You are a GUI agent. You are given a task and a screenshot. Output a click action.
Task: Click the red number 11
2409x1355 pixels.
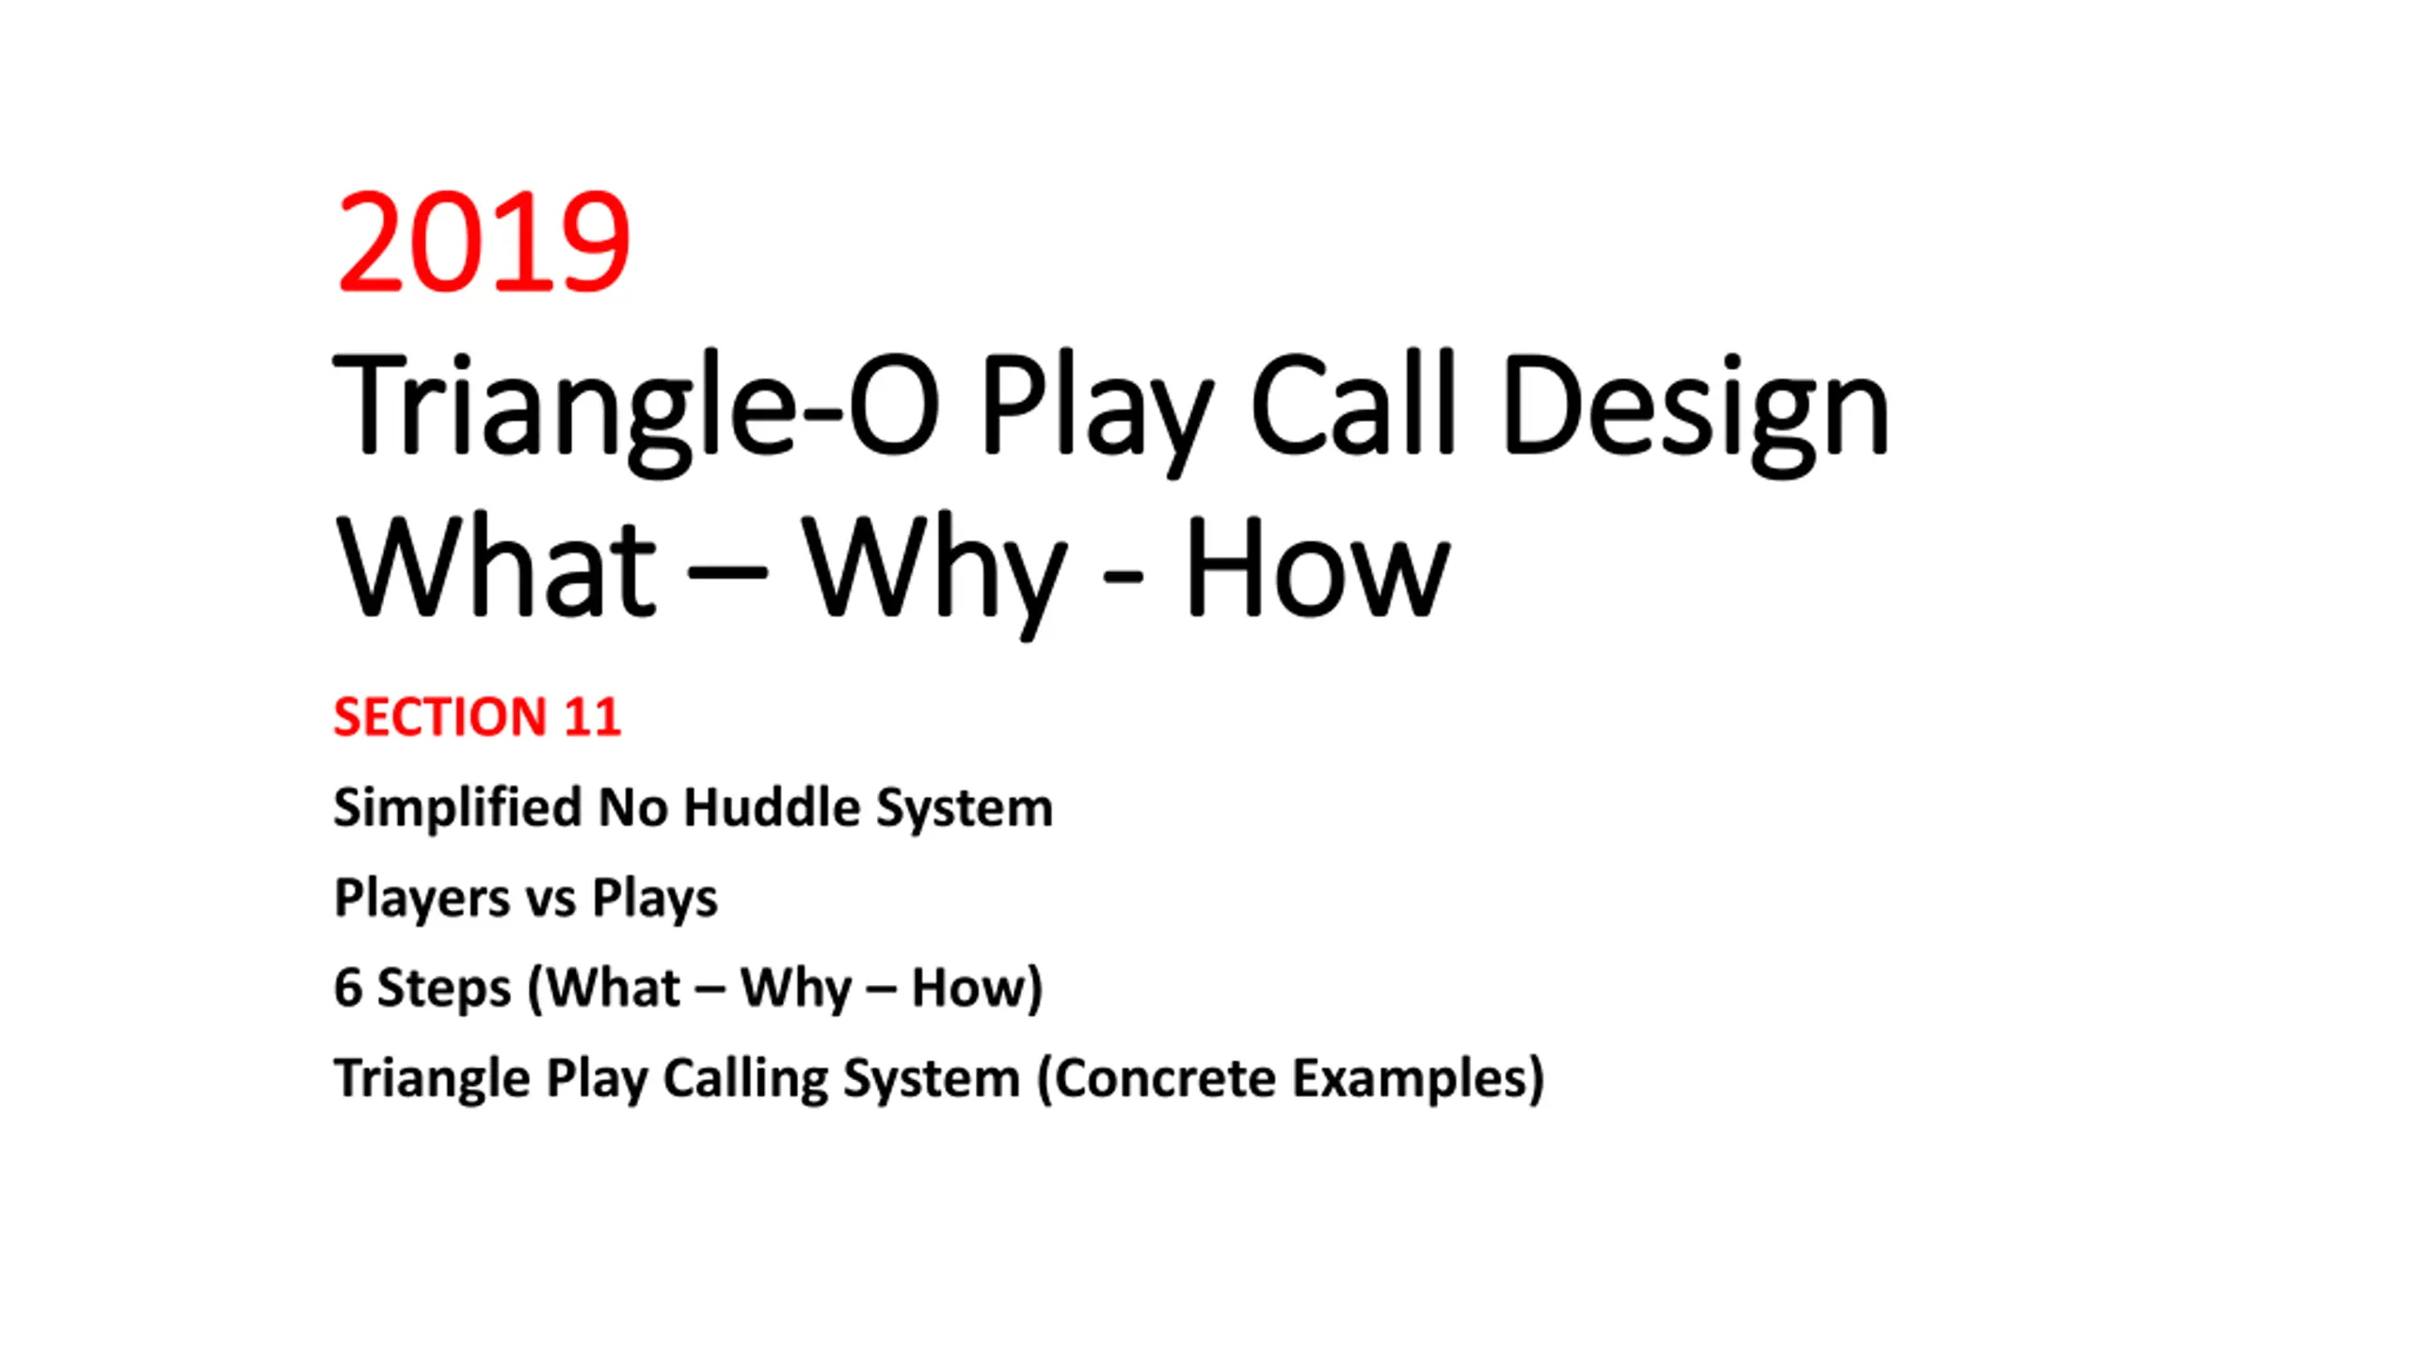(592, 717)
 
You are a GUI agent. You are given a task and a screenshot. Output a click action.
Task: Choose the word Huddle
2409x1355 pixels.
(772, 807)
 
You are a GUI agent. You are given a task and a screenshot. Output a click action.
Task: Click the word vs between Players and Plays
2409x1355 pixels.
(550, 901)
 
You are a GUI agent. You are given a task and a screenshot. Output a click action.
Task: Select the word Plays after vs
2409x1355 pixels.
(654, 899)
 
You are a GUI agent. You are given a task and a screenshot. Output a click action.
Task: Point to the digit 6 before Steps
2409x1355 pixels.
(348, 988)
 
